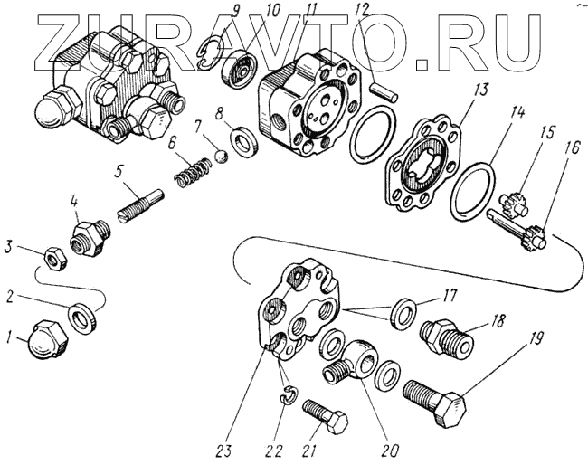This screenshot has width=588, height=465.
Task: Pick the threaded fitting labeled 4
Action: tap(91, 236)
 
